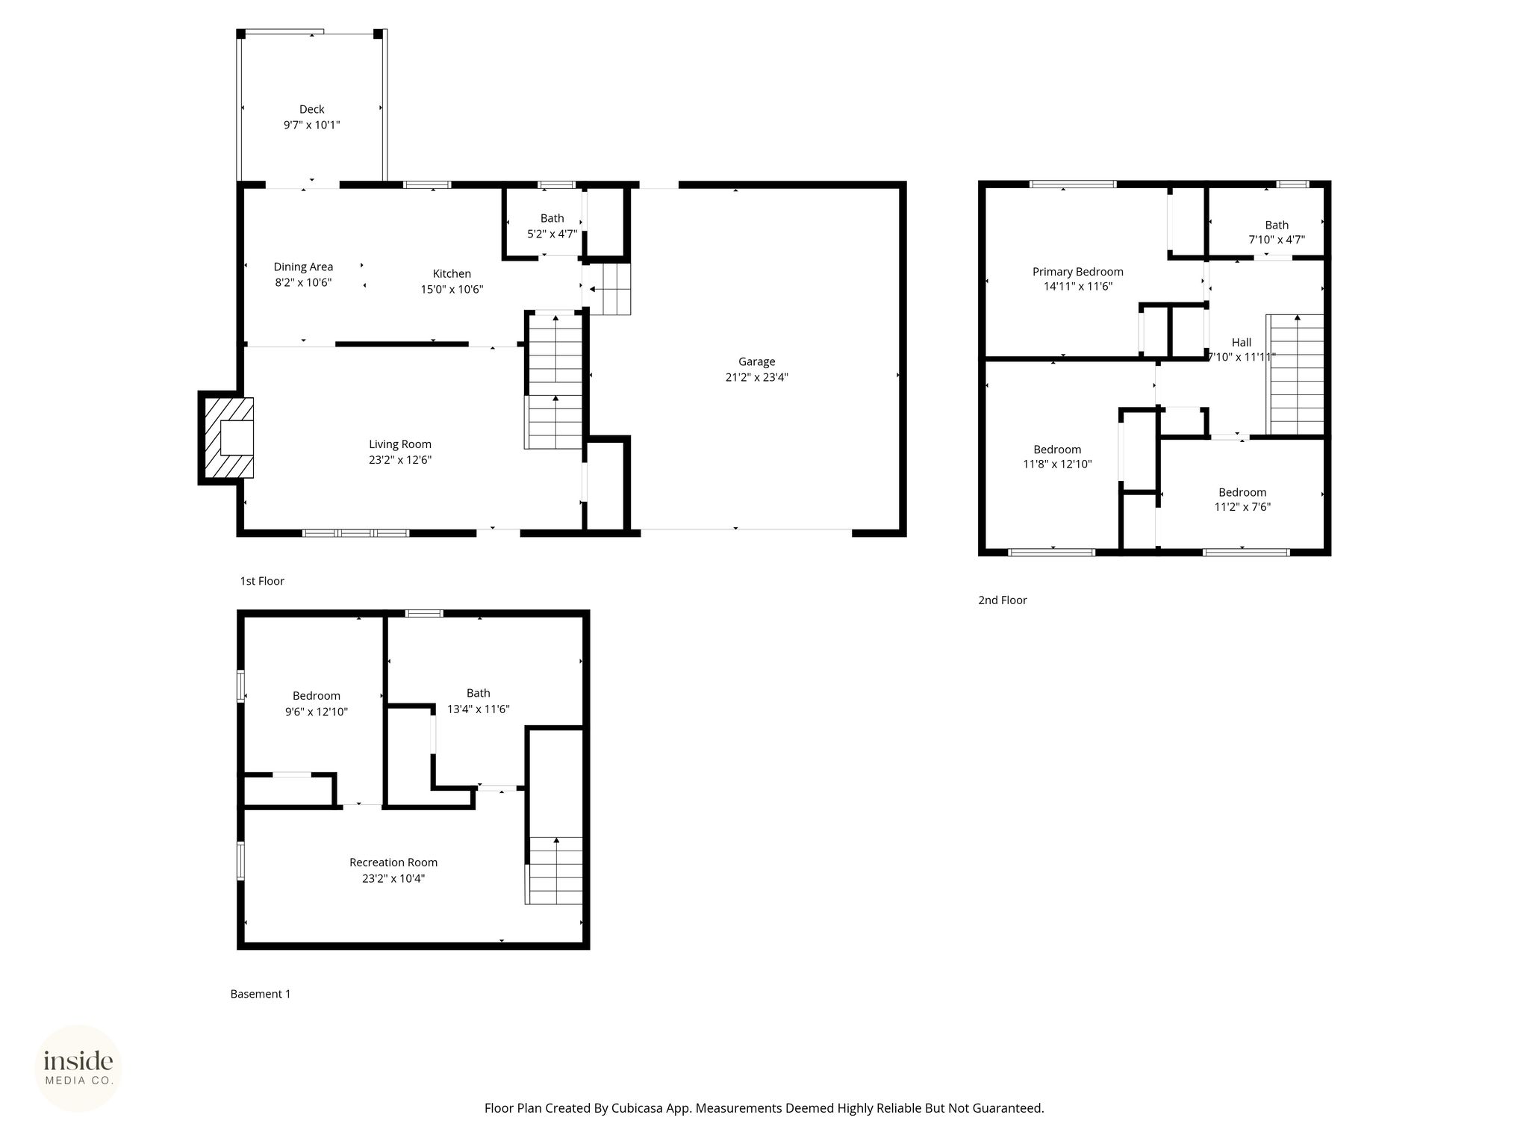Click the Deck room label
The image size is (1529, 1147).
click(311, 109)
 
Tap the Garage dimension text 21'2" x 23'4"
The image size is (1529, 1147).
click(756, 377)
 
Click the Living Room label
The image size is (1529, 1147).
click(400, 444)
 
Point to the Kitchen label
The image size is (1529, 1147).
click(452, 273)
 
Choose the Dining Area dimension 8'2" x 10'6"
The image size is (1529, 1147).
click(303, 282)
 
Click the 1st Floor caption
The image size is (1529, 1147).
click(262, 581)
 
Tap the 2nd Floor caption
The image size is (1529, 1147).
click(1003, 600)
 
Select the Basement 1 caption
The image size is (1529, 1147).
click(261, 994)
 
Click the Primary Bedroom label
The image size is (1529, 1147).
click(1078, 272)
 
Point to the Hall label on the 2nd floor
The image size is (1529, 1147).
click(1242, 342)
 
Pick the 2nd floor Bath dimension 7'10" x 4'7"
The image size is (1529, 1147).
click(1277, 240)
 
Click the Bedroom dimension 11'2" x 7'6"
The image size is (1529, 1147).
click(1242, 507)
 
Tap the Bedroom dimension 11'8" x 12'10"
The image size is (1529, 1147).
click(1057, 464)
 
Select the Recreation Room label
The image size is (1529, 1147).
click(393, 862)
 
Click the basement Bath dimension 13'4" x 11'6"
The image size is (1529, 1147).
click(478, 709)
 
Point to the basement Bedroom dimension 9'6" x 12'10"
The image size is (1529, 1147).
click(317, 712)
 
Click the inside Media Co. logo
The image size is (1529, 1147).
click(78, 1068)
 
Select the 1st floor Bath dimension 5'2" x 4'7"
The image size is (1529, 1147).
click(552, 234)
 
